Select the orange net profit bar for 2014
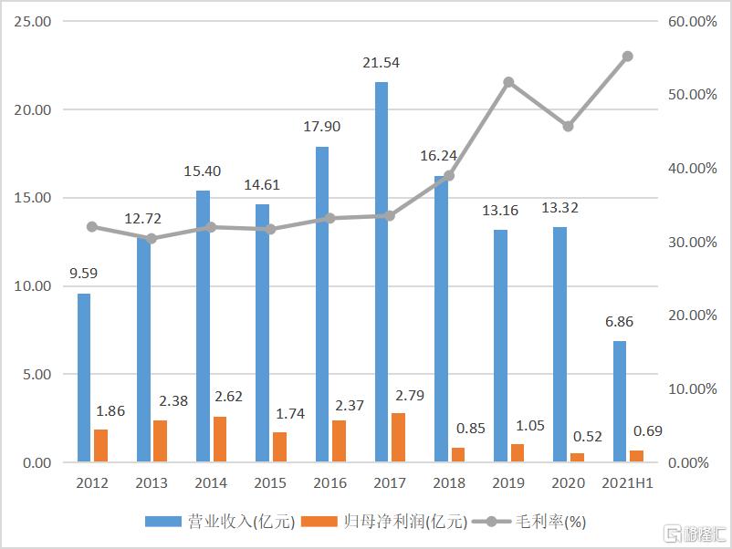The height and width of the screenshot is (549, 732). coord(220,439)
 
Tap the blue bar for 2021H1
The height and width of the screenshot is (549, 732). coord(620,401)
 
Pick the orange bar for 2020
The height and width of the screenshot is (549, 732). coord(577,457)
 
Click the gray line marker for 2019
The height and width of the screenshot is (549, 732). coord(508,82)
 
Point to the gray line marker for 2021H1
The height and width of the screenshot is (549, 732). coord(627,57)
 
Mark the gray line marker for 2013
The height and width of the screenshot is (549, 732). coord(152,239)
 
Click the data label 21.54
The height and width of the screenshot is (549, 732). coord(382,63)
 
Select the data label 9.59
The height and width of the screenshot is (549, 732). coord(84,274)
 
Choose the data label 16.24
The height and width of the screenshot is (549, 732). coord(441,156)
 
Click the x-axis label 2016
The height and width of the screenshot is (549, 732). coord(329,482)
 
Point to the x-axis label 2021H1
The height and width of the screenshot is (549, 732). coord(627,482)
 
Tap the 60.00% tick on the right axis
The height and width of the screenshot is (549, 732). coord(691,21)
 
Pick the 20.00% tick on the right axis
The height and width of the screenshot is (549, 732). coord(691,316)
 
